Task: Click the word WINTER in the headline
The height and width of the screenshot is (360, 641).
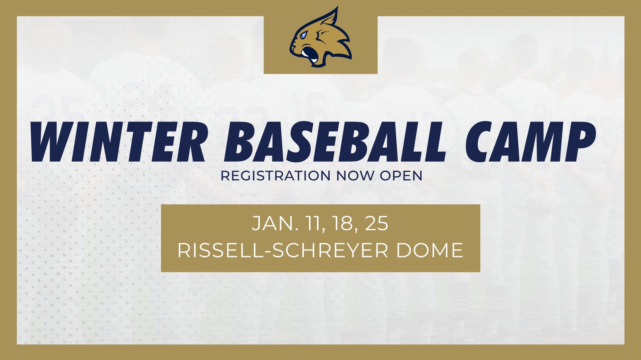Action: click(118, 142)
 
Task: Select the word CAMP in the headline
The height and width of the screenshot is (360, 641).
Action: click(530, 142)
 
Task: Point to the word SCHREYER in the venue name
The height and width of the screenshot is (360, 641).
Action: click(331, 250)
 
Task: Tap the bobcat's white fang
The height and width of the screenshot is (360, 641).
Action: click(314, 61)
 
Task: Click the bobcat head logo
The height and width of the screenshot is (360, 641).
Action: click(320, 37)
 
